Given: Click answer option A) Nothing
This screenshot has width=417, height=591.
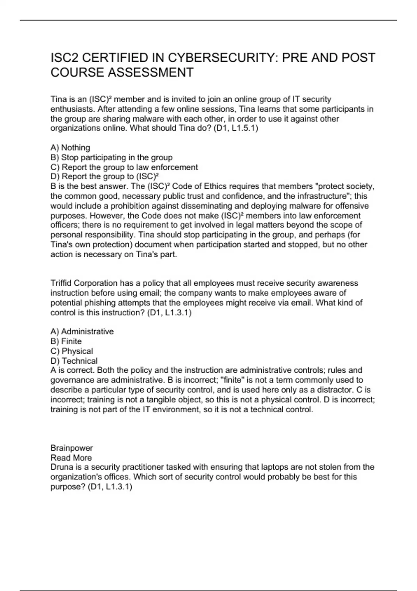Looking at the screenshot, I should point(70,148).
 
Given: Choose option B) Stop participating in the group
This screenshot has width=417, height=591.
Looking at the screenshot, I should point(112,157).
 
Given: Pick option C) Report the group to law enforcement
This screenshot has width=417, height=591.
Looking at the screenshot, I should point(124,167).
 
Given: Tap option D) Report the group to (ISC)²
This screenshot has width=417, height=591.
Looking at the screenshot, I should point(105,177).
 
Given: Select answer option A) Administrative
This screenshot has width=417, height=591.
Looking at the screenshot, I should point(82,332).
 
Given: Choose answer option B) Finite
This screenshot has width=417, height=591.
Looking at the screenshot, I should point(66,341).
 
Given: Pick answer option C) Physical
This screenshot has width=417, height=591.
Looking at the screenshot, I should point(72,351).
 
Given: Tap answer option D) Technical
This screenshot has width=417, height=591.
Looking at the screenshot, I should point(74,361).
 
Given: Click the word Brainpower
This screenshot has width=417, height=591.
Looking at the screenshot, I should point(72,448).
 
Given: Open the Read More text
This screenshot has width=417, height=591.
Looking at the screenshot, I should point(71,458).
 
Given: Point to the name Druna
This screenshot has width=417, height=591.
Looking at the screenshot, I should point(61,467).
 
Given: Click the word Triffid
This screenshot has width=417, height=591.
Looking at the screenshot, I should point(61,283).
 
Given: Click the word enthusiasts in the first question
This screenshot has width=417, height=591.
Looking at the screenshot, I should point(73,109).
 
